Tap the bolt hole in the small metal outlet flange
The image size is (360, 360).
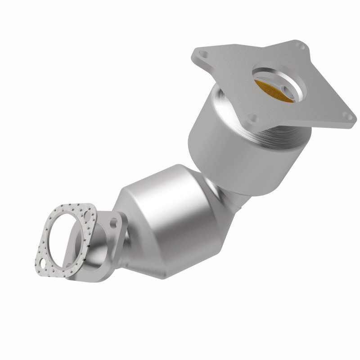point(112,222)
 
